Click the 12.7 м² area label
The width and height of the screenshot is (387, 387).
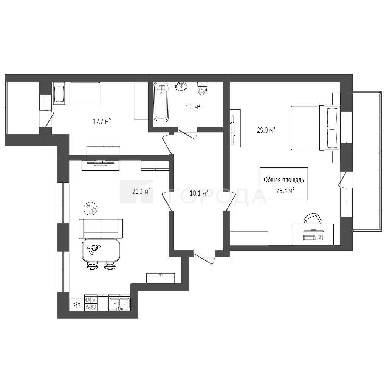101,121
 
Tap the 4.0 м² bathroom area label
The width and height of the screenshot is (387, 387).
192,107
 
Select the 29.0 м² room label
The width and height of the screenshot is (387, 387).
266,130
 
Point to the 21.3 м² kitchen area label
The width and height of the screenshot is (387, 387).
141,191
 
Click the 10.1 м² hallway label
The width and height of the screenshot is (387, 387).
199,193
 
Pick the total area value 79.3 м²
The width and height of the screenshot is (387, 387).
286,190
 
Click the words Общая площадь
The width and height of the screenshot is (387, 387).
284,180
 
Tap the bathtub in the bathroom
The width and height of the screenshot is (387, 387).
161,102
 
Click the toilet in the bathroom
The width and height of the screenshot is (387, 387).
202,88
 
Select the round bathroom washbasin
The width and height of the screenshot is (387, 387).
181,87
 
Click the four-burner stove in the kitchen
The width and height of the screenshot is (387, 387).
91,303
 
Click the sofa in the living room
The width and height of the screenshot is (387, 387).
101,229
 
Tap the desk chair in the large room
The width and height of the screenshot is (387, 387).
313,218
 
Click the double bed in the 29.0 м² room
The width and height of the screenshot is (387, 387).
315,128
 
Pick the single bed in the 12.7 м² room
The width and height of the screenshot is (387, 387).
77,94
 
